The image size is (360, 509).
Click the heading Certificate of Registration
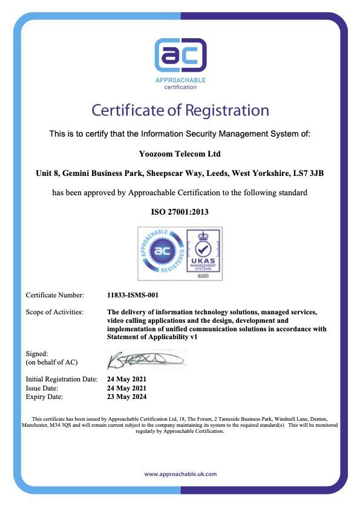point(180,111)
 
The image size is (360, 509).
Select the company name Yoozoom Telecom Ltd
point(180,154)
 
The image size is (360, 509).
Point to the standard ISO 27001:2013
point(180,212)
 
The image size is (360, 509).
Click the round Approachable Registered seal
point(159,253)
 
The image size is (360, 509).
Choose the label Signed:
point(36,353)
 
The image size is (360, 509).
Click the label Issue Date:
point(42,388)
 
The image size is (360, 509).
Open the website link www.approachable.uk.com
point(180,475)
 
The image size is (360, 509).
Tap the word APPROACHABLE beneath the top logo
point(180,80)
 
